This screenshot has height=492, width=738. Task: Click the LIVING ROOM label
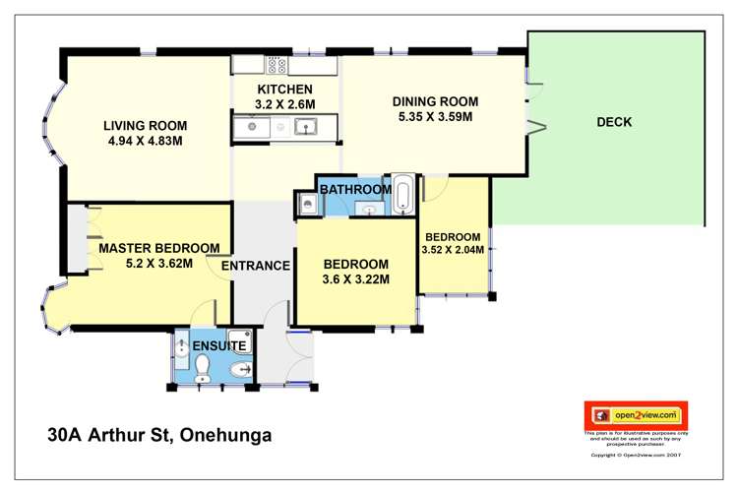click(146, 125)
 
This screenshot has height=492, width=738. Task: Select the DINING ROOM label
click(435, 101)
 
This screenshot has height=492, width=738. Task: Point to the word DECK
click(614, 122)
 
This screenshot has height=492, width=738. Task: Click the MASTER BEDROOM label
click(158, 247)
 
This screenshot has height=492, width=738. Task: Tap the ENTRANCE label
click(255, 266)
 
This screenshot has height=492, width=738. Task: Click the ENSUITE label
click(218, 346)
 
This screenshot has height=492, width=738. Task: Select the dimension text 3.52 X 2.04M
click(453, 250)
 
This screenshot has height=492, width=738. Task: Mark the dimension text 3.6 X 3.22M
click(356, 279)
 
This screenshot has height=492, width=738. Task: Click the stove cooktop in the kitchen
click(276, 67)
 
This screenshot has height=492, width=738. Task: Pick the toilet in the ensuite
click(204, 369)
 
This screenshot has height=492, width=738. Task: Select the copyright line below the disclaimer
click(636, 455)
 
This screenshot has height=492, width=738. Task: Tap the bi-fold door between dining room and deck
click(533, 108)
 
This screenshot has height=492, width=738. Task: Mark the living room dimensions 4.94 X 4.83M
click(146, 141)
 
